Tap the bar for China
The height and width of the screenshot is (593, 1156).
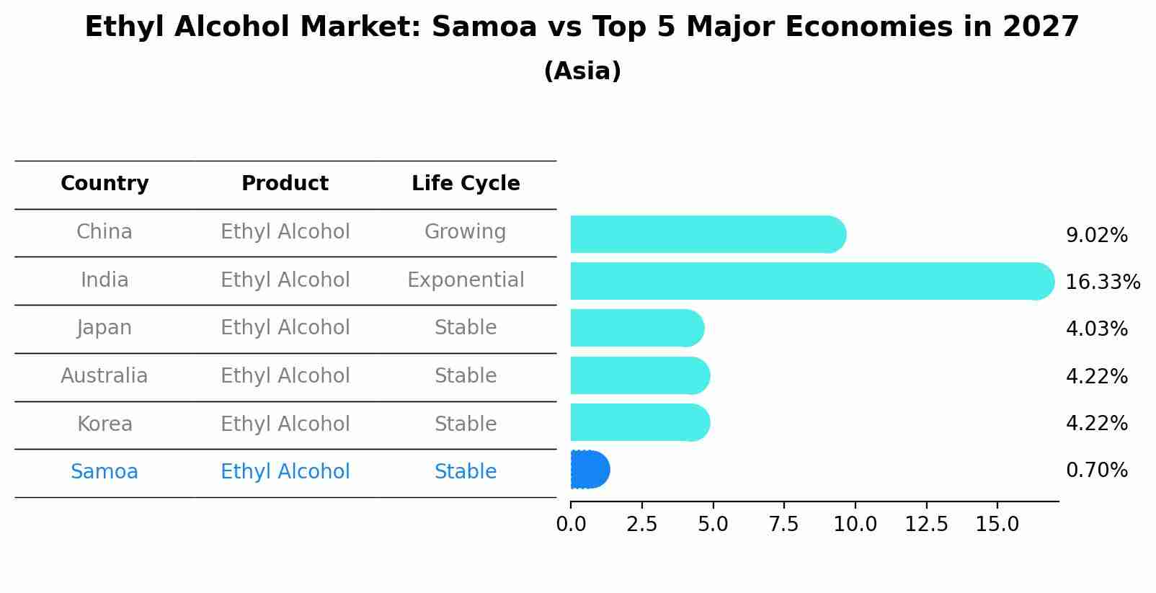[706, 234]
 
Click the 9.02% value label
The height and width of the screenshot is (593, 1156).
[1096, 236]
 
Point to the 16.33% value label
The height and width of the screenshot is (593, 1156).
[1102, 282]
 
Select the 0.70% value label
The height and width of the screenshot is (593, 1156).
[1096, 471]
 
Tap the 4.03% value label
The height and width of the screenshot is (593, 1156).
[1096, 329]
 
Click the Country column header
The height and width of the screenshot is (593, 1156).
[105, 184]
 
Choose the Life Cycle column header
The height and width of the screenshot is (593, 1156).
[466, 184]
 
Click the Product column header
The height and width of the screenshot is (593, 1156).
[285, 184]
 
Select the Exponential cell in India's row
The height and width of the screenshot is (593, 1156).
[466, 280]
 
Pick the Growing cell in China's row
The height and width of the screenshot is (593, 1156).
[465, 232]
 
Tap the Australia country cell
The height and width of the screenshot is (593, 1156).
[105, 376]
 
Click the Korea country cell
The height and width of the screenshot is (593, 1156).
[105, 424]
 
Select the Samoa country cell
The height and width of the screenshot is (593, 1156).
[105, 472]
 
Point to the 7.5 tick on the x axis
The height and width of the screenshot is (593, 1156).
[783, 525]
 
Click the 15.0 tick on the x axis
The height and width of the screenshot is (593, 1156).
[997, 525]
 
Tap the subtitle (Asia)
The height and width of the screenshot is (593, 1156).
[582, 71]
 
